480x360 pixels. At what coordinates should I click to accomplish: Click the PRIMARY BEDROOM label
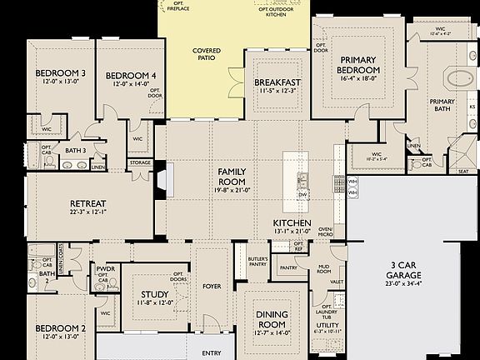[359, 66]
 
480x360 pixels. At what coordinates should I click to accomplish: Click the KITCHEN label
[292, 224]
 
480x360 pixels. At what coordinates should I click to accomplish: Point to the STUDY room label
[155, 293]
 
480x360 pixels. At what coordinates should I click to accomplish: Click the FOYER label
[212, 287]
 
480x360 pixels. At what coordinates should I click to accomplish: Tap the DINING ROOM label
[272, 318]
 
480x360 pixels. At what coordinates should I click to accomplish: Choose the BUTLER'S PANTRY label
[257, 262]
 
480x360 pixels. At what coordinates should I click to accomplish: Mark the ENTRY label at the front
[212, 353]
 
